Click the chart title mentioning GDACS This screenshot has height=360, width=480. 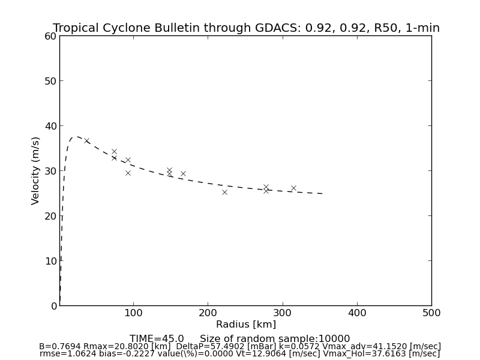(x=246, y=28)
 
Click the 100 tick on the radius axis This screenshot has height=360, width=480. (x=133, y=313)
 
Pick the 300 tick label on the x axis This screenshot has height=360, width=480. (x=282, y=313)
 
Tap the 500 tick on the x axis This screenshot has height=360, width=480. (x=431, y=313)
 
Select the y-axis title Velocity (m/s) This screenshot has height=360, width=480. (x=36, y=170)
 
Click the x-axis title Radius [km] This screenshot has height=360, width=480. (x=246, y=325)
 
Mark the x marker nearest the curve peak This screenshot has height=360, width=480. (x=86, y=140)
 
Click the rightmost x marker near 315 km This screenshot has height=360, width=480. (x=293, y=188)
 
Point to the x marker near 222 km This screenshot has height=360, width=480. (x=224, y=192)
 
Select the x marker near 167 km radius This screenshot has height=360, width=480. (x=183, y=173)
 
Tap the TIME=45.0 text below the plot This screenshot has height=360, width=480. (x=157, y=339)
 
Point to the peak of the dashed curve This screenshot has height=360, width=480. (x=76, y=136)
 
